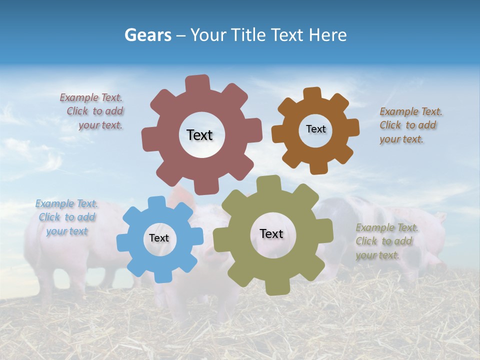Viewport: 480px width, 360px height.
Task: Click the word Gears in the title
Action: click(147, 35)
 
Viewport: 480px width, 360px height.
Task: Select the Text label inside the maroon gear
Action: click(199, 135)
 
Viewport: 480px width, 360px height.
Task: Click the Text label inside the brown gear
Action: click(315, 129)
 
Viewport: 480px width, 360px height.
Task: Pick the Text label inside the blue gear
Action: click(159, 238)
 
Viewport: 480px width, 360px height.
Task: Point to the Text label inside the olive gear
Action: click(271, 233)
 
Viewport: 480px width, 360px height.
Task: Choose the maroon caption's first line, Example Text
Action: click(91, 98)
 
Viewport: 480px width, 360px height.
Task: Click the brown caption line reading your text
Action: click(401, 139)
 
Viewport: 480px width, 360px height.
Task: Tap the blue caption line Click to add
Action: click(67, 217)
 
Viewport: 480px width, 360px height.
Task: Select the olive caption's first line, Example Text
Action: click(387, 228)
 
